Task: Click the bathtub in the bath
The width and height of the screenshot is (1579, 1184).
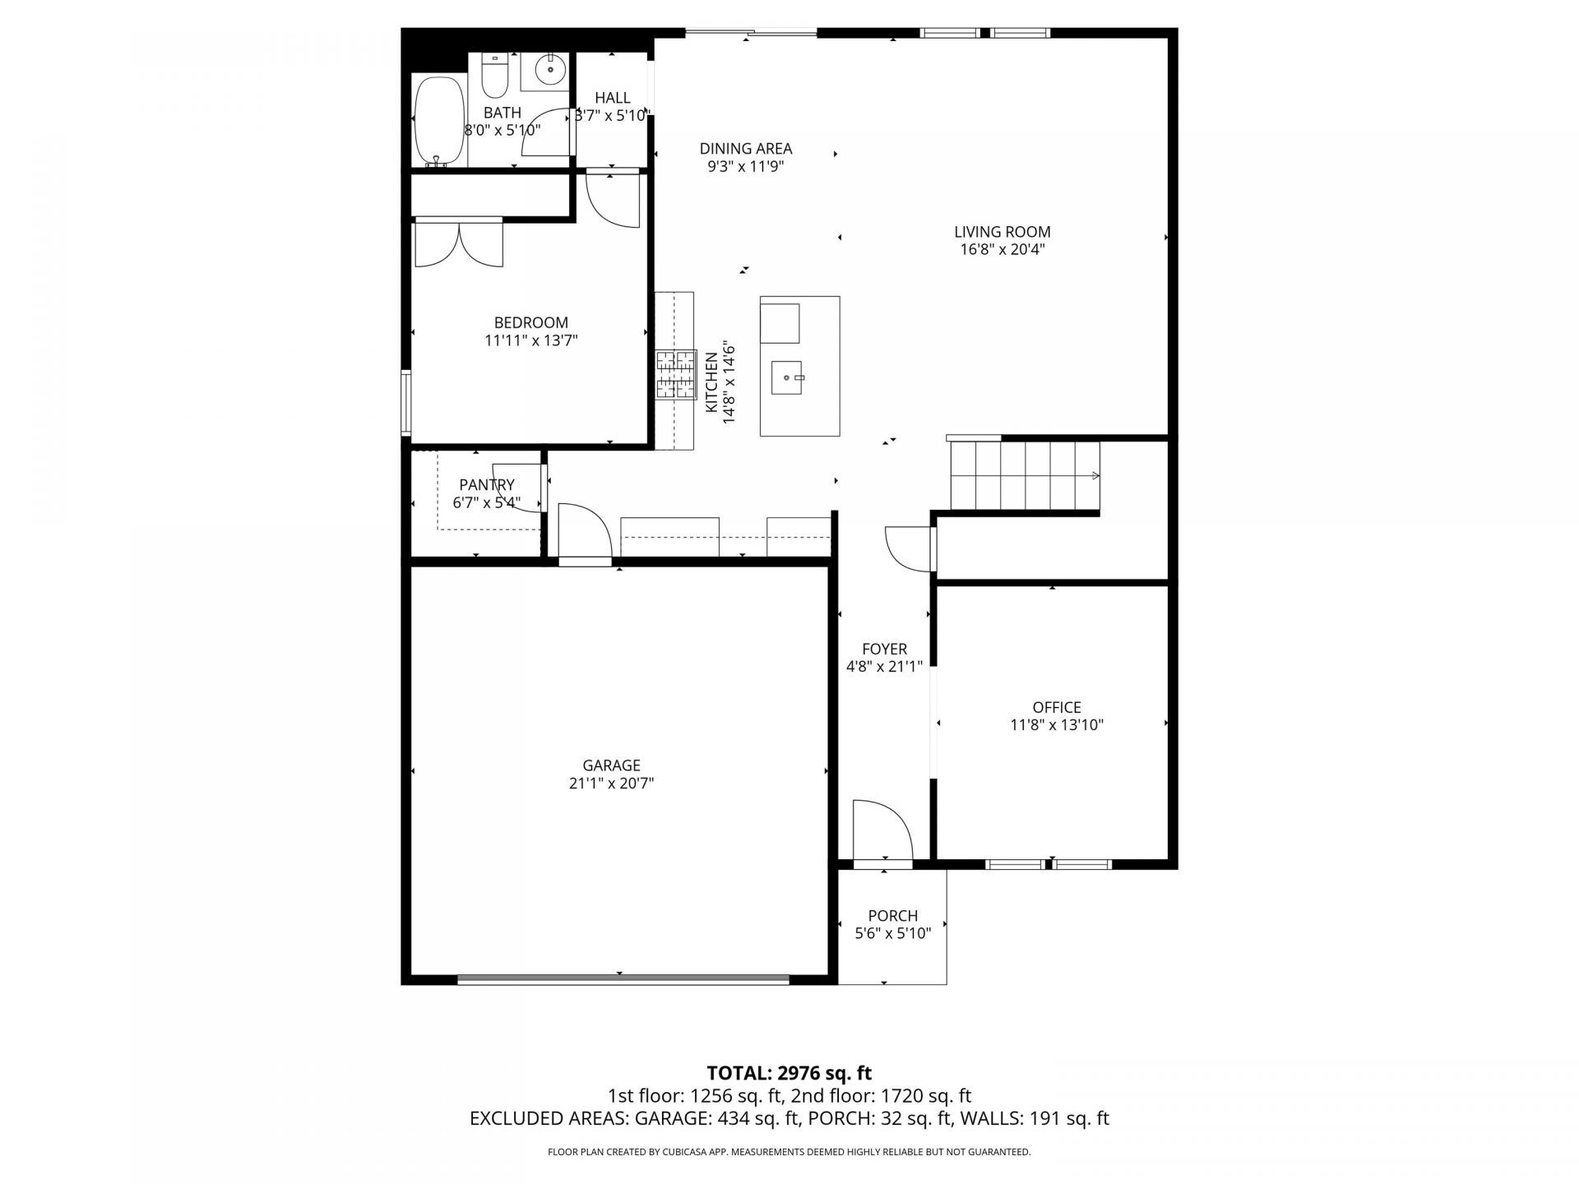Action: coord(438,121)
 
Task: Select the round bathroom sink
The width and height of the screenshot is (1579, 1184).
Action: coord(549,69)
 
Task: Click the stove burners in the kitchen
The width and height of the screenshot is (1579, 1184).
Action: coord(675,375)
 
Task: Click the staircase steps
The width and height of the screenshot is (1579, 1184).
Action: coord(1025,476)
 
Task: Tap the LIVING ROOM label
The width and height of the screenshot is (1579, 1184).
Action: coord(1002,232)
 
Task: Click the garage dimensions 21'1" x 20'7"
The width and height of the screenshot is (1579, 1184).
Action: coord(611,784)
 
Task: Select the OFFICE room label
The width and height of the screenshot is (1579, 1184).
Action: coord(1056,707)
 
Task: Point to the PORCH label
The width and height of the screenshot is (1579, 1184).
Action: coord(892,915)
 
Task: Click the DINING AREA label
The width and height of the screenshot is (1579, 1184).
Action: coord(745,149)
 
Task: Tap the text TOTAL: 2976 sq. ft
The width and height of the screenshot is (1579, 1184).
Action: coord(789,1073)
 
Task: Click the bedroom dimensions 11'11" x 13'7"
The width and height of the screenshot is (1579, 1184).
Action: coord(531,340)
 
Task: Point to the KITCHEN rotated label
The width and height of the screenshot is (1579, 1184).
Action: coord(711,382)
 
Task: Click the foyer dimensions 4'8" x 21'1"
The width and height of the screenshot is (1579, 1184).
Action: coord(884,667)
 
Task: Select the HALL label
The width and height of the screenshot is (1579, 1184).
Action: coord(612,98)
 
